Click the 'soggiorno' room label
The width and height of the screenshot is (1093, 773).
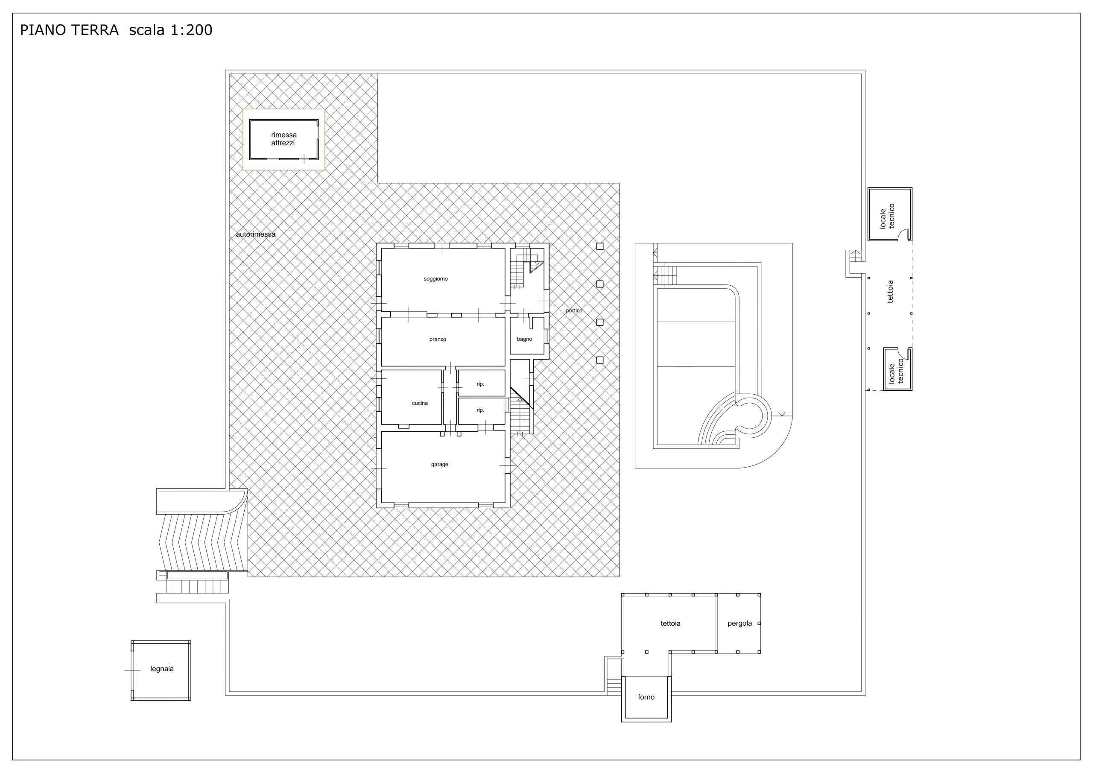click(x=435, y=279)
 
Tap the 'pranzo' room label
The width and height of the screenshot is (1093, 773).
click(x=438, y=340)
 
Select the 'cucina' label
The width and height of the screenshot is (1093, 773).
click(x=420, y=404)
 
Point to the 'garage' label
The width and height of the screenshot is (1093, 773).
click(x=439, y=464)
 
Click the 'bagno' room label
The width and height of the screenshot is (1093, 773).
click(x=525, y=339)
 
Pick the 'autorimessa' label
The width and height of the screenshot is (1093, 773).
click(x=256, y=234)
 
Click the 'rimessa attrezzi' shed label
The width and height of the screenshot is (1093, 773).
click(x=284, y=139)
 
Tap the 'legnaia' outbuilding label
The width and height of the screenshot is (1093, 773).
click(x=162, y=669)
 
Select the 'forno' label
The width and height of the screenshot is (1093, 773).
click(x=646, y=697)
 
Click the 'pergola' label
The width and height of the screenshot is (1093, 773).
click(x=740, y=624)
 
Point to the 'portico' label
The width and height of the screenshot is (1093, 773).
click(x=574, y=310)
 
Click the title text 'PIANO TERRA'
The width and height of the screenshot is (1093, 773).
click(x=69, y=30)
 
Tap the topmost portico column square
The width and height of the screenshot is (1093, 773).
click(x=600, y=246)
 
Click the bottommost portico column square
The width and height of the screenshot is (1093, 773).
click(x=600, y=360)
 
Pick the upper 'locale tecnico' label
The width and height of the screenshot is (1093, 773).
click(x=887, y=216)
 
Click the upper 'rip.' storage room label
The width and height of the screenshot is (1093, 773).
click(x=480, y=384)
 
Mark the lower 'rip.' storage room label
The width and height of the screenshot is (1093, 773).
click(x=480, y=410)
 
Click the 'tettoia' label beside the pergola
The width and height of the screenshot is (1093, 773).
click(x=670, y=624)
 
